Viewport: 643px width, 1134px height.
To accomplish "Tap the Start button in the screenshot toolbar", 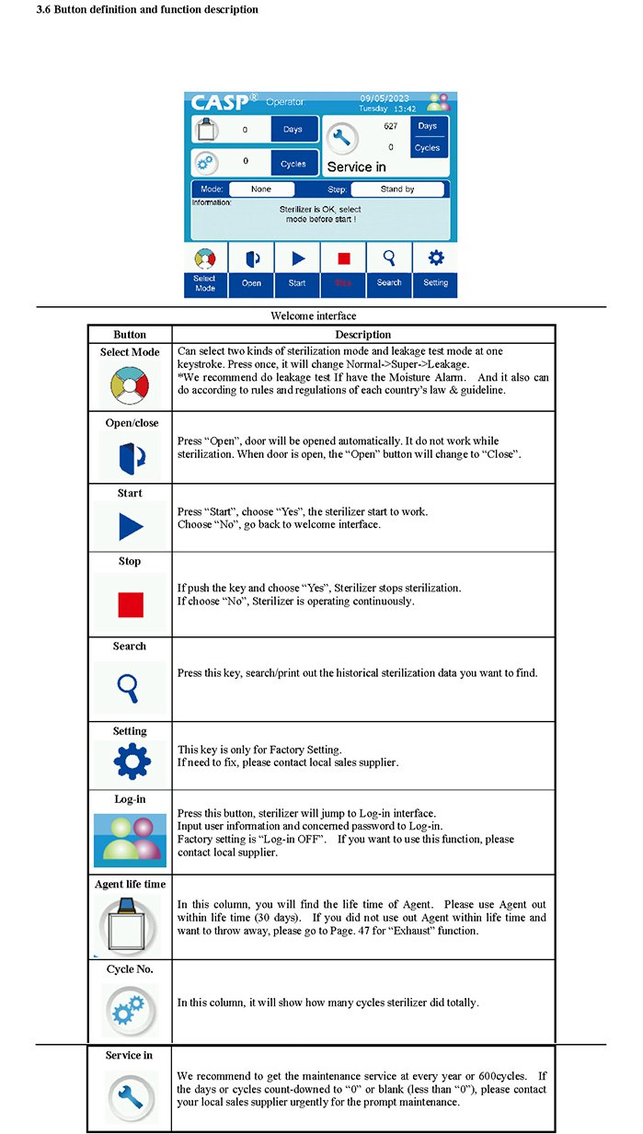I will [297, 269].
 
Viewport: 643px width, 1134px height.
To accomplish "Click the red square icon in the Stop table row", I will [130, 603].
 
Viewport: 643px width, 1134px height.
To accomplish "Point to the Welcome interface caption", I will [313, 315].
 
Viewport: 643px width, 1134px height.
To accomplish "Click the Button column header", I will [130, 335].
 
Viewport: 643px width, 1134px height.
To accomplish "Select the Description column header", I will [362, 335].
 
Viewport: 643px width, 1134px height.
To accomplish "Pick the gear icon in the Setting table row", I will [130, 762].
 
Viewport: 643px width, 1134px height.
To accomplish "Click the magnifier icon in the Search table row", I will [130, 686].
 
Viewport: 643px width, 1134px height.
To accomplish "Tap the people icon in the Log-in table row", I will [130, 839].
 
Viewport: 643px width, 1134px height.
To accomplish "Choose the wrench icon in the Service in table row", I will [130, 1095].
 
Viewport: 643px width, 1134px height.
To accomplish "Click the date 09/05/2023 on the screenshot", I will [385, 97].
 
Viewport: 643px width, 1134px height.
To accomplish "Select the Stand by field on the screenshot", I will [396, 189].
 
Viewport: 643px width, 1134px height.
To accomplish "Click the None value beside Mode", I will [261, 189].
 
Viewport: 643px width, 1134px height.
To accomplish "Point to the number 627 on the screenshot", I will [391, 126].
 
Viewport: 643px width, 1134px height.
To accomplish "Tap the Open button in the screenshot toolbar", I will [251, 269].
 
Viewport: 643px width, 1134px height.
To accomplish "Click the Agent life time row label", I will [130, 885].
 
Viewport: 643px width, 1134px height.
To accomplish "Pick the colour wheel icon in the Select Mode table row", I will [130, 384].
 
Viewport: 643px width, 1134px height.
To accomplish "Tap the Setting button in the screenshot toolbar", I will [435, 269].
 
